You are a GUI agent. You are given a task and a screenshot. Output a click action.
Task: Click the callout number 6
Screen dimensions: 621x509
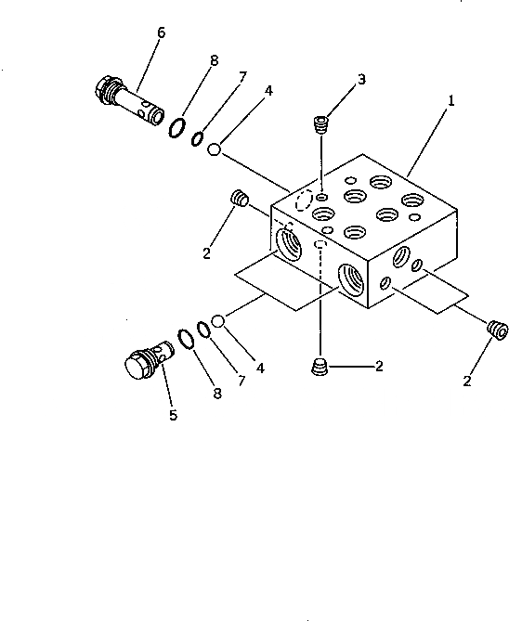click(162, 32)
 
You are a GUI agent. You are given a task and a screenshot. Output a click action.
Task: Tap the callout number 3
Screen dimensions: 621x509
click(361, 79)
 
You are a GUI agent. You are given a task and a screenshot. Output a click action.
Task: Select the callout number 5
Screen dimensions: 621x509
click(173, 415)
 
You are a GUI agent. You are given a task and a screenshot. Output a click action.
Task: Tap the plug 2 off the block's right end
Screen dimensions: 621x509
click(496, 328)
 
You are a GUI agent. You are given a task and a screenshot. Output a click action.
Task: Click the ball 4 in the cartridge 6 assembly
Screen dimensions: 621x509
click(214, 148)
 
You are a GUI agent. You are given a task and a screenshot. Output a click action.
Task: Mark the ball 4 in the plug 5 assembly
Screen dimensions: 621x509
click(218, 321)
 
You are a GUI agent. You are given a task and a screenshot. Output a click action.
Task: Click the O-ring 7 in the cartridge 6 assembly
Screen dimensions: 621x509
click(197, 138)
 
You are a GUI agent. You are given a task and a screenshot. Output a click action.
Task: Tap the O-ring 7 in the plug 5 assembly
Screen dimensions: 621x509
click(203, 331)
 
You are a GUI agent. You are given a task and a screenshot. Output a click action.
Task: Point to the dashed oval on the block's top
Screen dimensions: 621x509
click(301, 201)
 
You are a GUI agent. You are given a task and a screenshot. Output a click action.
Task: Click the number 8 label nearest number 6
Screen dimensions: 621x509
click(214, 61)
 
